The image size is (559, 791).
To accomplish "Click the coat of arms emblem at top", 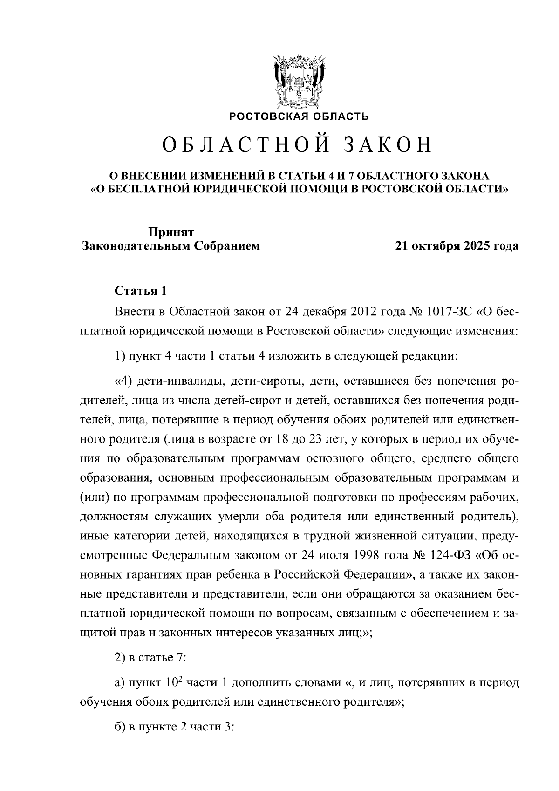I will coord(298,82).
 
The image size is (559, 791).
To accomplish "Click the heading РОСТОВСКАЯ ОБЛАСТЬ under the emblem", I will coord(299,116).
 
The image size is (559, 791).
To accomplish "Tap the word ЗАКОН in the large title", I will coord(388,146).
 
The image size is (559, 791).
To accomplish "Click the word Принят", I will coord(171,232).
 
